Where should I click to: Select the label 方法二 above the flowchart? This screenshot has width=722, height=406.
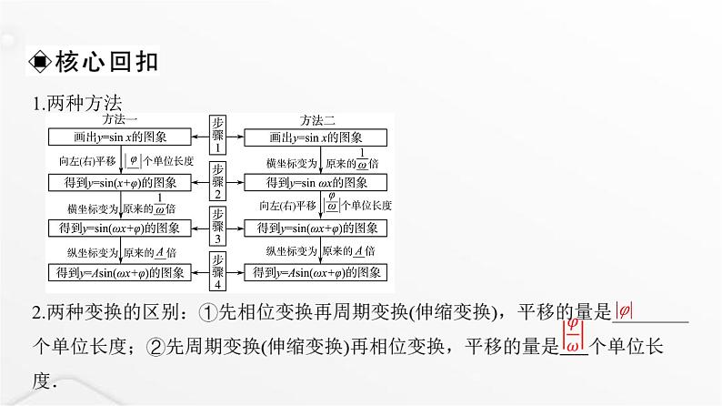[x=318, y=120]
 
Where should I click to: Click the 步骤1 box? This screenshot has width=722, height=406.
[x=218, y=135]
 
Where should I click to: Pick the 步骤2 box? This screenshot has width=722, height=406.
[x=218, y=181]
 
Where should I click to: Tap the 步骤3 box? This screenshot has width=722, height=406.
[x=218, y=227]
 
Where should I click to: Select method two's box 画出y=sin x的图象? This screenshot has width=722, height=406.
[x=316, y=137]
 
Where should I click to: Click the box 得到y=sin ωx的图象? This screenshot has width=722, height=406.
[x=316, y=182]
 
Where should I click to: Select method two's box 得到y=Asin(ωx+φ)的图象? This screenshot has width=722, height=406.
[x=316, y=271]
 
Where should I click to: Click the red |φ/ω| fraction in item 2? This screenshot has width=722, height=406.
[x=572, y=335]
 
